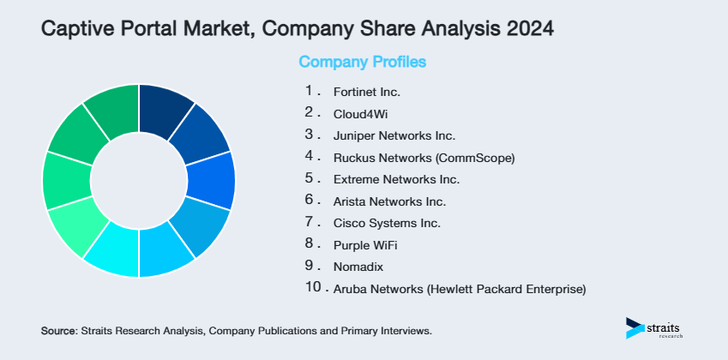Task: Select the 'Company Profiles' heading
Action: [362, 63]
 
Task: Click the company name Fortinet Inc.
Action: [366, 91]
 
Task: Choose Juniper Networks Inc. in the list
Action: [394, 135]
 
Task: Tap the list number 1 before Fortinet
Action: [310, 89]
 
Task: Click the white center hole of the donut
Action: [138, 180]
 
